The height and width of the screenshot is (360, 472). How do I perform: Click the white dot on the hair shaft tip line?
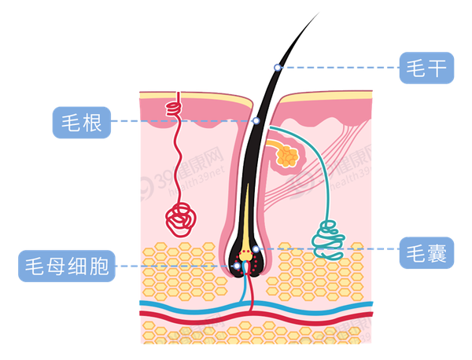[278, 68]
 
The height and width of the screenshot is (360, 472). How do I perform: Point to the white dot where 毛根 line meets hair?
[256, 121]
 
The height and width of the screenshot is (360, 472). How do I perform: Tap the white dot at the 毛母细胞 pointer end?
[237, 266]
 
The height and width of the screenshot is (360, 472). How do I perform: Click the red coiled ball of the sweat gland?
[181, 220]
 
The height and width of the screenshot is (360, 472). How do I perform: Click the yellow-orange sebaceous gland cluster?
[289, 154]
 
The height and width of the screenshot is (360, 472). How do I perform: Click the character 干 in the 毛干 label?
[437, 68]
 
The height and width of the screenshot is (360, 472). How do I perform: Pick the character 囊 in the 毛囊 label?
[437, 252]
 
